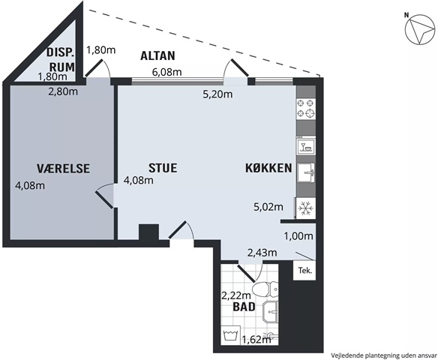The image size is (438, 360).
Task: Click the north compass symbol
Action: pos(420,29)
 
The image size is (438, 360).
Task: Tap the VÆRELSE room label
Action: pos(64,169)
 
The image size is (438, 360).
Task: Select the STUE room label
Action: pos(163,168)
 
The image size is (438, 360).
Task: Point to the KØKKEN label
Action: pos(268,168)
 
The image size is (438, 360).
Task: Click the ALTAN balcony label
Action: pos(157,55)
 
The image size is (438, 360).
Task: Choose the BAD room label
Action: pos(244,307)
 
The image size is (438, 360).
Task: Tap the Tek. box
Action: pos(304,270)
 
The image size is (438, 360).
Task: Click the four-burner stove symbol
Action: pos(306,109)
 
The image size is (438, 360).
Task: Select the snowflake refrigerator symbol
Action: pos(306,208)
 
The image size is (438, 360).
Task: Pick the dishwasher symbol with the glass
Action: pos(306,145)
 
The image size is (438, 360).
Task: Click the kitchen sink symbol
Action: pos(306,172)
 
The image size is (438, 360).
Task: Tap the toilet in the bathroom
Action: pos(265,289)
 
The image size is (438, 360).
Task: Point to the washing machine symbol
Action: pos(231,334)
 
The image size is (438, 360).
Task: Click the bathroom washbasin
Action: pos(271,311)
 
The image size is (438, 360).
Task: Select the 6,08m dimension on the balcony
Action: pos(166,72)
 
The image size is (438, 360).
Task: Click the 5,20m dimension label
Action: pos(217,94)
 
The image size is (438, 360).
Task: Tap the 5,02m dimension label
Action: pos(268,207)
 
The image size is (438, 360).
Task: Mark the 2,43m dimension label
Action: pos(262,253)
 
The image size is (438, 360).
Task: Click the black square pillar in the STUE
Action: pos(149,232)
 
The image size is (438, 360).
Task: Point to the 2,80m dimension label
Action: pos(63,91)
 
